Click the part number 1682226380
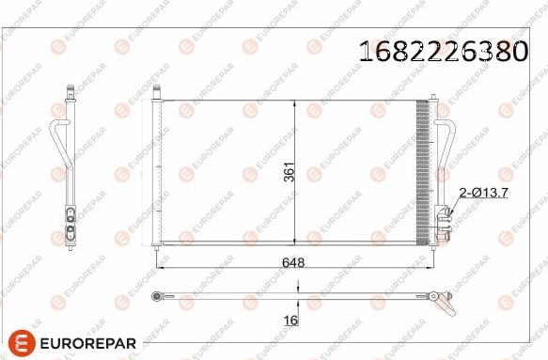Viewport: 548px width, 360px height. click(444, 51)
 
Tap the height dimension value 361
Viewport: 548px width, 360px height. click(290, 172)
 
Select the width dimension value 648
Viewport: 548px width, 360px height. click(293, 262)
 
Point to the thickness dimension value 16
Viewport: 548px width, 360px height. click(291, 321)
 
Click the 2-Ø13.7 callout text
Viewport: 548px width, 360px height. click(484, 193)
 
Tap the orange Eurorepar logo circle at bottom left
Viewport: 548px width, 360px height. click(22, 344)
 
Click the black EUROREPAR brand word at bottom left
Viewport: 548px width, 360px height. click(88, 344)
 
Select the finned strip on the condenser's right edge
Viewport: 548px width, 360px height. click(422, 172)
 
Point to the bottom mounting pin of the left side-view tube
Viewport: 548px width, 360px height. click(70, 247)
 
